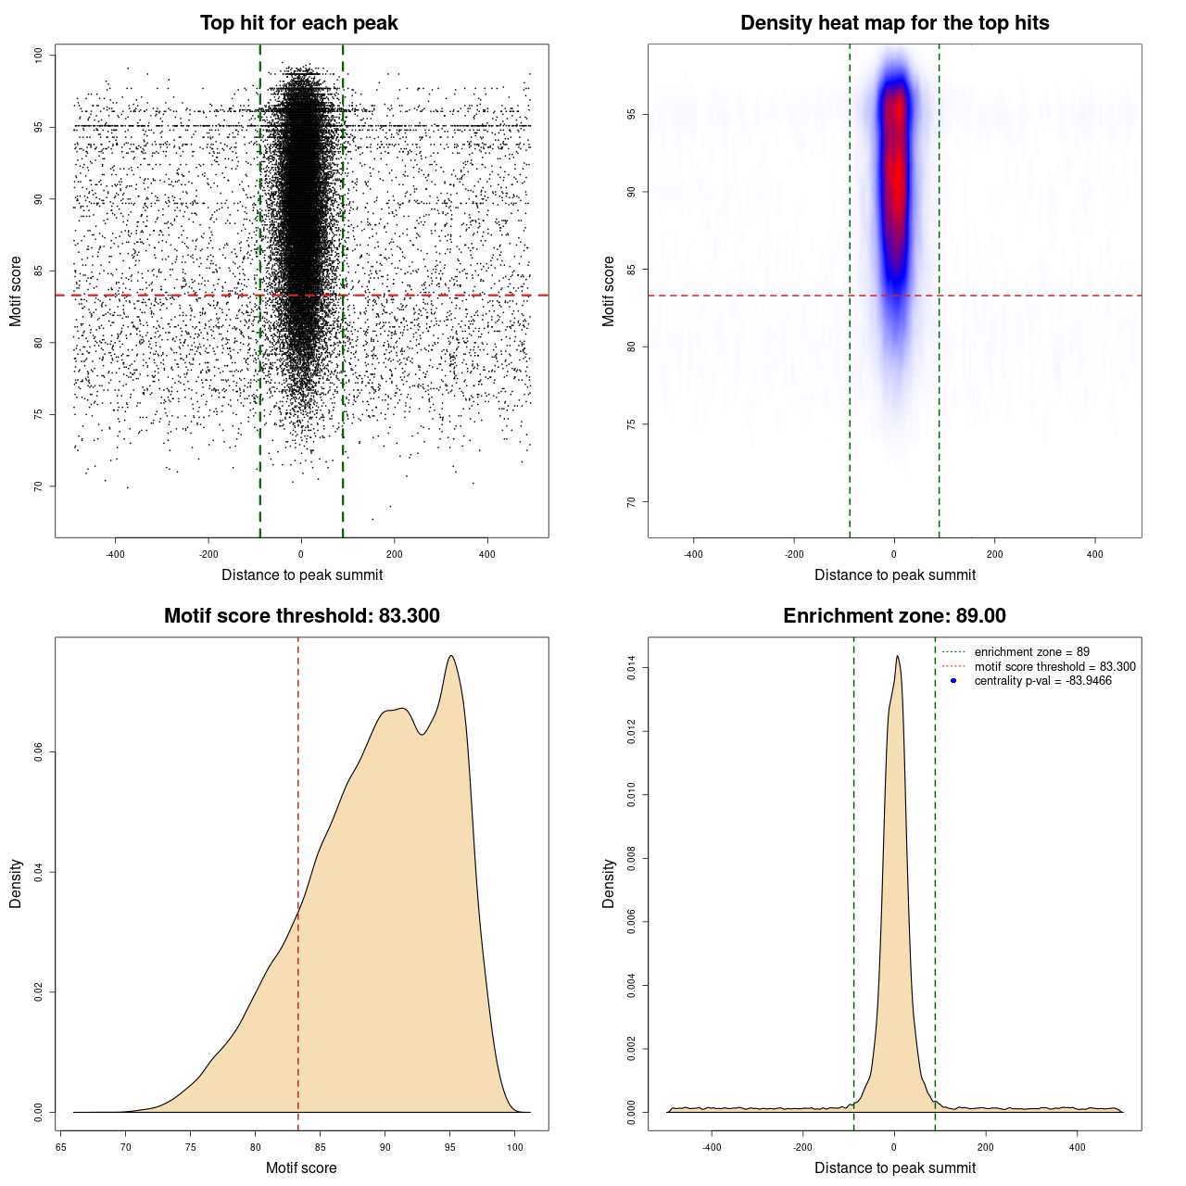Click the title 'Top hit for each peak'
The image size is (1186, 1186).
click(x=298, y=23)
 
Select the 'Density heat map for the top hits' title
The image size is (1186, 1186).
click(x=894, y=23)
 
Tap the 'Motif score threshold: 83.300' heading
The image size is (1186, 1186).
click(x=301, y=616)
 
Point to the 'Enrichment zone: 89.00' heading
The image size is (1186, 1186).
click(x=894, y=616)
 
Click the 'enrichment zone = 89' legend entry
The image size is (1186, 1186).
click(x=1031, y=652)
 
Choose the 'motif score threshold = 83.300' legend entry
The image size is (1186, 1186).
click(x=1054, y=666)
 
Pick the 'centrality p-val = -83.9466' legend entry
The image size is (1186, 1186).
click(x=1042, y=681)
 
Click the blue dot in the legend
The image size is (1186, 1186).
click(x=953, y=681)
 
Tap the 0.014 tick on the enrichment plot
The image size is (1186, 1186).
click(x=631, y=668)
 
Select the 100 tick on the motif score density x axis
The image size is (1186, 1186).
click(x=515, y=1147)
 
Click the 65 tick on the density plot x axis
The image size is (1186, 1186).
click(x=60, y=1147)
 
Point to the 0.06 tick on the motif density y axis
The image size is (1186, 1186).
click(x=38, y=752)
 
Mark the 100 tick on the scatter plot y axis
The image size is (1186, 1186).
click(x=38, y=56)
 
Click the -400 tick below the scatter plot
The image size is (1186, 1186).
click(x=115, y=554)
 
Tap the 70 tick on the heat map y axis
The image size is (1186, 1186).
click(x=631, y=502)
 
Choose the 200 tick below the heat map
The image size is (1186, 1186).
click(x=994, y=554)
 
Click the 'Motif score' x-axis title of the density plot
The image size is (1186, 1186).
click(x=301, y=1167)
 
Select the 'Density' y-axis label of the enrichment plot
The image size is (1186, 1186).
click(x=609, y=883)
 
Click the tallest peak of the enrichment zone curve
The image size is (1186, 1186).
click(x=897, y=657)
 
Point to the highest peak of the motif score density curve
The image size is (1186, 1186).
click(x=451, y=656)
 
